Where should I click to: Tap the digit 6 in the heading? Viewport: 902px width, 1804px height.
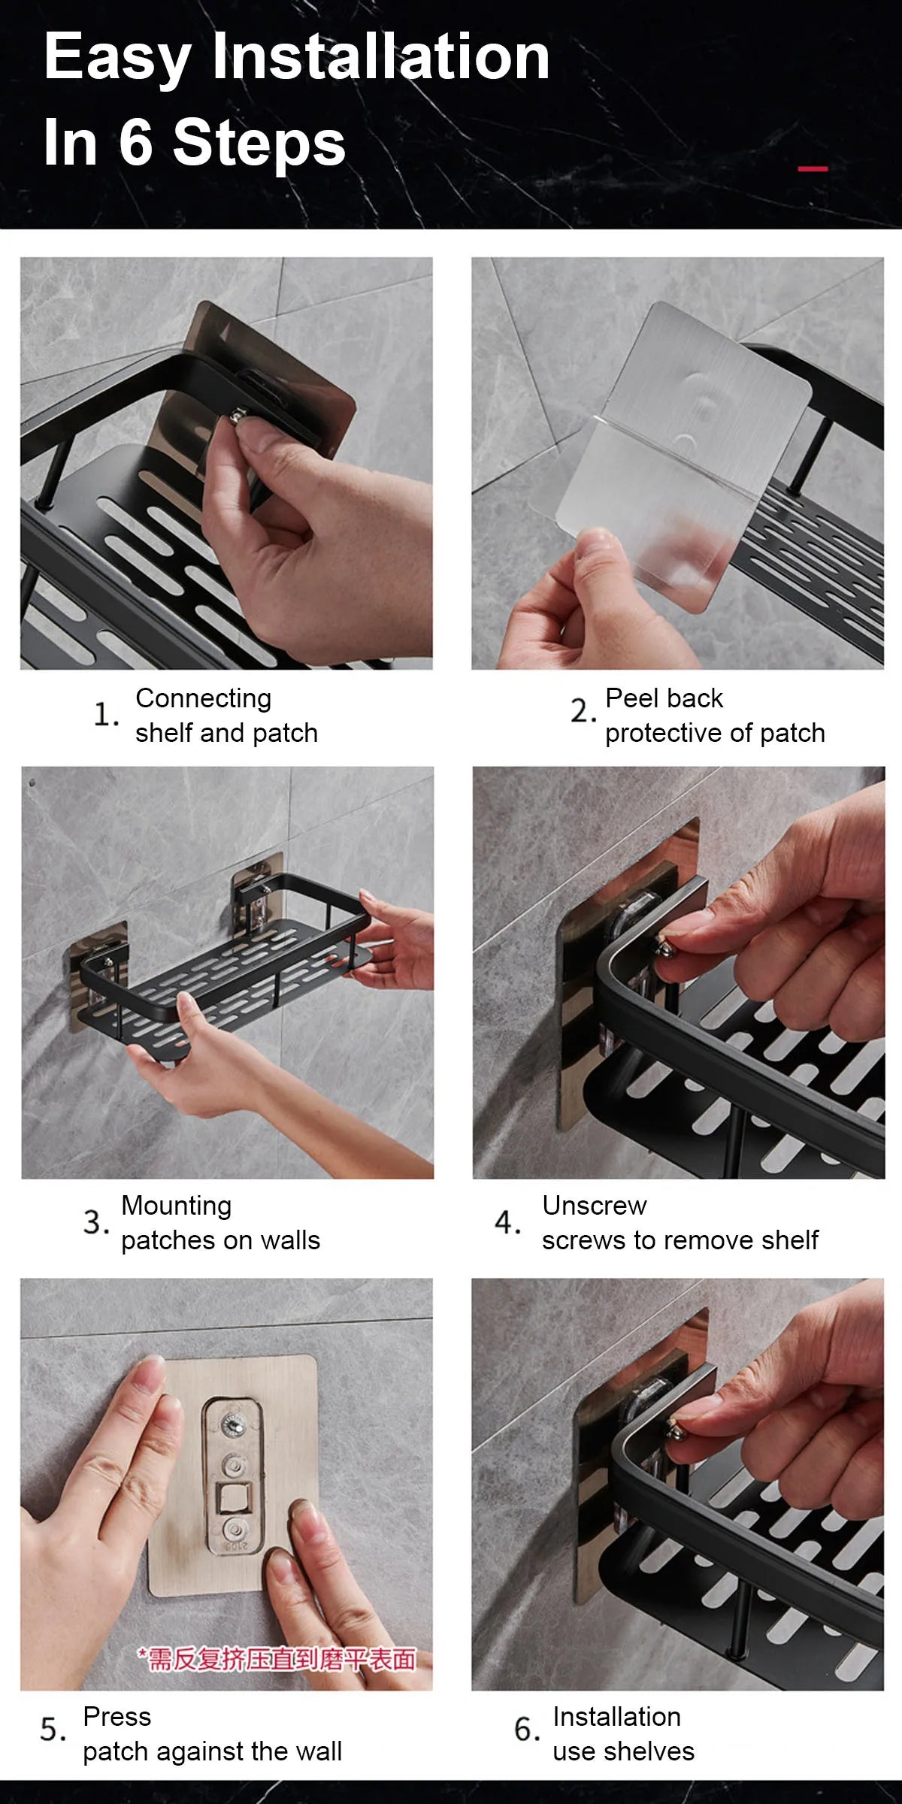click(135, 142)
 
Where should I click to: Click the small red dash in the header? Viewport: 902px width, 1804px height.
click(812, 168)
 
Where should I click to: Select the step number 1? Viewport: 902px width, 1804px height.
click(104, 714)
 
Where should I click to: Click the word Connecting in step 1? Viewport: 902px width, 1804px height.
click(203, 698)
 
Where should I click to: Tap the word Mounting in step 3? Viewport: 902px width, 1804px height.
click(176, 1206)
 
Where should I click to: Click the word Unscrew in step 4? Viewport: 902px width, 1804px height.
click(594, 1206)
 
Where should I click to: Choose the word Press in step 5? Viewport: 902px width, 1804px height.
click(117, 1717)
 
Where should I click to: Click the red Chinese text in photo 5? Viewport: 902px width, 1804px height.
click(276, 1659)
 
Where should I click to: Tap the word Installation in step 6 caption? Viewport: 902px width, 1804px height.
click(616, 1717)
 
